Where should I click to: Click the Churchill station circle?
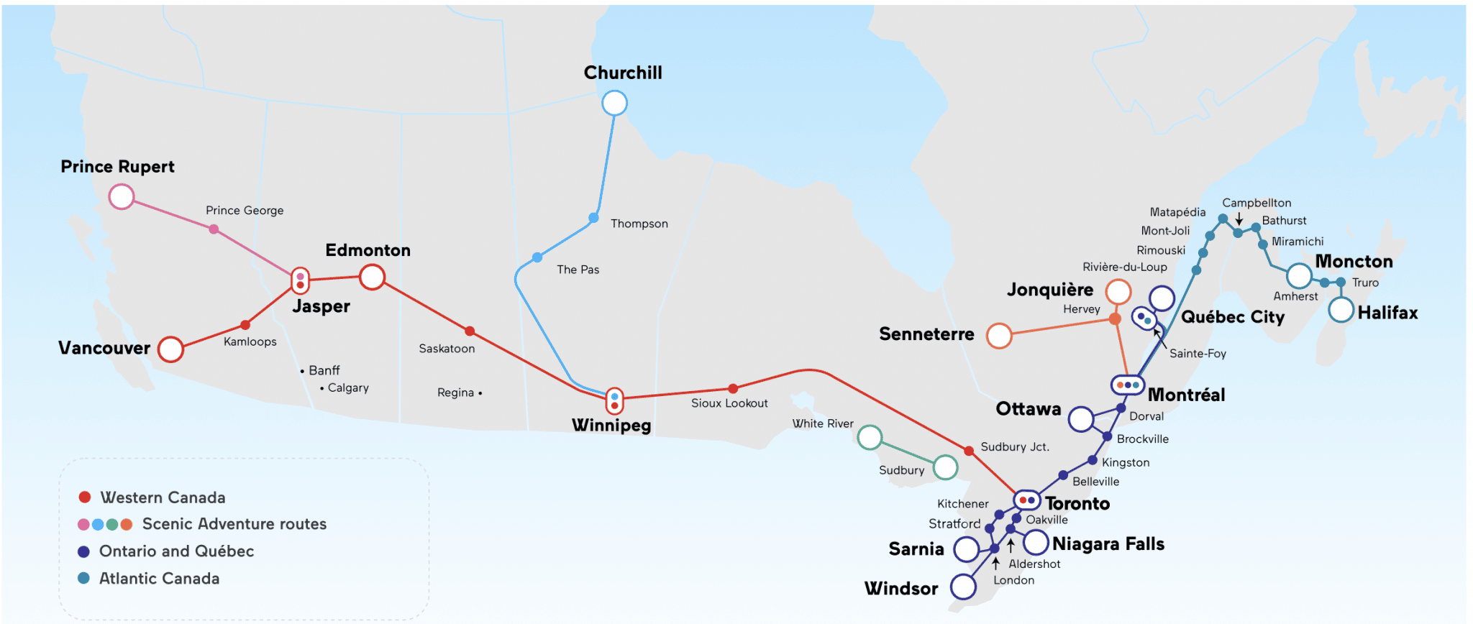pos(614,103)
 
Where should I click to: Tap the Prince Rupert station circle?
pos(122,196)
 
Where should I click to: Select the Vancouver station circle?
pos(170,349)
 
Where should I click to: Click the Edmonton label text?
pos(368,250)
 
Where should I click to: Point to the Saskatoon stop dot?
pos(470,331)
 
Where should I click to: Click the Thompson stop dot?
pos(593,218)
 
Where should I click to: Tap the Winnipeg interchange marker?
pos(614,401)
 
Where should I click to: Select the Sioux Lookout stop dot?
pos(733,388)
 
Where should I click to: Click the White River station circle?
pos(870,437)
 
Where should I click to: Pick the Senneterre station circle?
pos(999,336)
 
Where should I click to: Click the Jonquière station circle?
pos(1118,292)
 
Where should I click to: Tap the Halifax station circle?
pos(1341,310)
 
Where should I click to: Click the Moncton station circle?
pos(1299,275)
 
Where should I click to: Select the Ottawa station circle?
pos(1081,419)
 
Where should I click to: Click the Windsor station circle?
pos(963,587)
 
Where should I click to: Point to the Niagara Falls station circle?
pos(1036,542)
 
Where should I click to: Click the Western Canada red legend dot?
pos(85,497)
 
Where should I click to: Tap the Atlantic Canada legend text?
pos(159,579)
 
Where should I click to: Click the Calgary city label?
pos(348,387)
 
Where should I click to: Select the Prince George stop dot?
pos(214,229)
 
